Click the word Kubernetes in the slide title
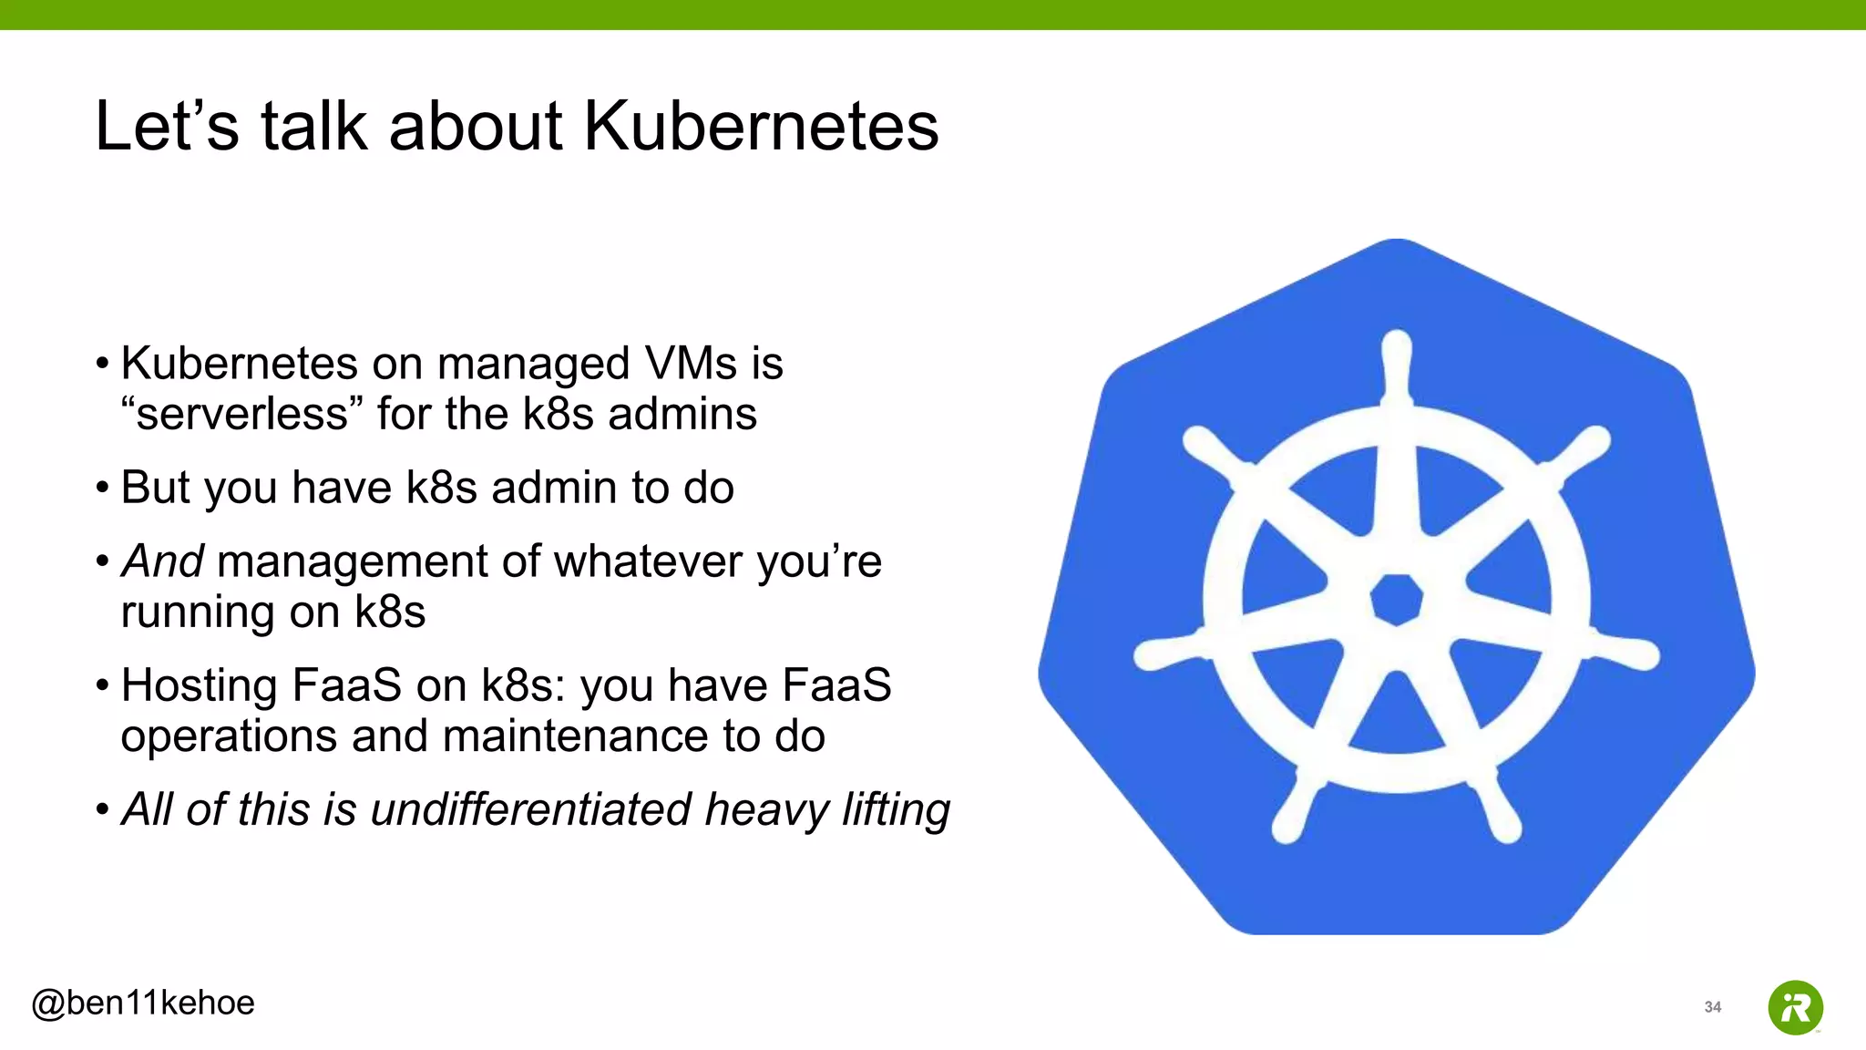[761, 126]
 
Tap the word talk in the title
[313, 126]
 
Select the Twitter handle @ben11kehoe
[143, 1003]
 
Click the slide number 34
[1712, 1007]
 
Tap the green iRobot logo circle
[1795, 1007]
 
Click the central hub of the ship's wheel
[1397, 600]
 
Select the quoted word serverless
[242, 414]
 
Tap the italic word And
[162, 561]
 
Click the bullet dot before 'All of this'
[103, 809]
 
